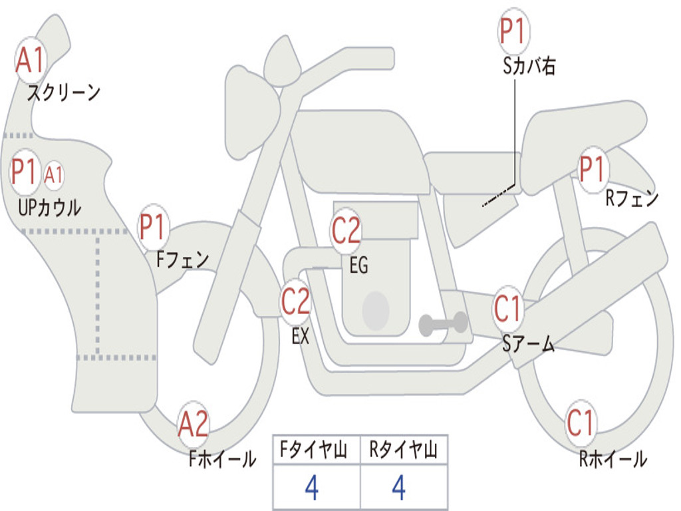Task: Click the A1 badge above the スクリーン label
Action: (31, 61)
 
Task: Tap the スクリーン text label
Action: (63, 92)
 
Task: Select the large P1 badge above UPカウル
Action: (25, 172)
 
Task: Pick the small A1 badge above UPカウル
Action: (54, 176)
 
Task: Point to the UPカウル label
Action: (49, 208)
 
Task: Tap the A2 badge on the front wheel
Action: (194, 424)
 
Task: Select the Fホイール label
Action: (222, 459)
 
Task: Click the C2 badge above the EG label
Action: (346, 231)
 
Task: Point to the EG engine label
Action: (359, 265)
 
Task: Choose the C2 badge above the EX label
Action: (296, 301)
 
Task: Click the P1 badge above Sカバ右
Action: (514, 31)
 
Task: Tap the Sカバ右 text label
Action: (529, 66)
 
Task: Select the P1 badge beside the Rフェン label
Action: (593, 170)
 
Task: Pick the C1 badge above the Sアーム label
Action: (508, 309)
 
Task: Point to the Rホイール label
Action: (613, 459)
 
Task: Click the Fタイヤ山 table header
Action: (313, 450)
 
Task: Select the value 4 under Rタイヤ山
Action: (399, 488)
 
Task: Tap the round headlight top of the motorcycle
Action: (282, 61)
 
